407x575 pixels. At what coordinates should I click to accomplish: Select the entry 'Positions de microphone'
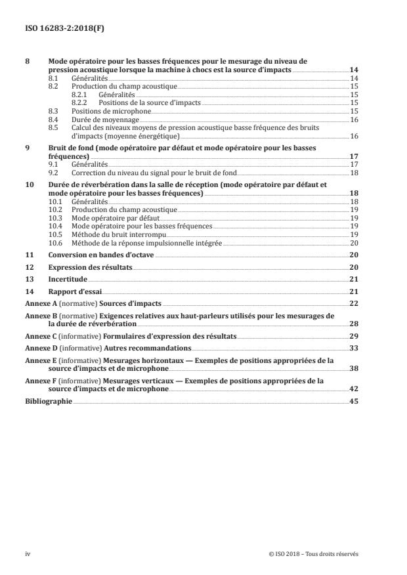point(106,112)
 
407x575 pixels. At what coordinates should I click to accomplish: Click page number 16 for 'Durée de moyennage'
point(354,119)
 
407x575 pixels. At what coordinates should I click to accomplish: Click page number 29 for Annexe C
point(354,335)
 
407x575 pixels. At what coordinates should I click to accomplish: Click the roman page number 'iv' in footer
point(28,553)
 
